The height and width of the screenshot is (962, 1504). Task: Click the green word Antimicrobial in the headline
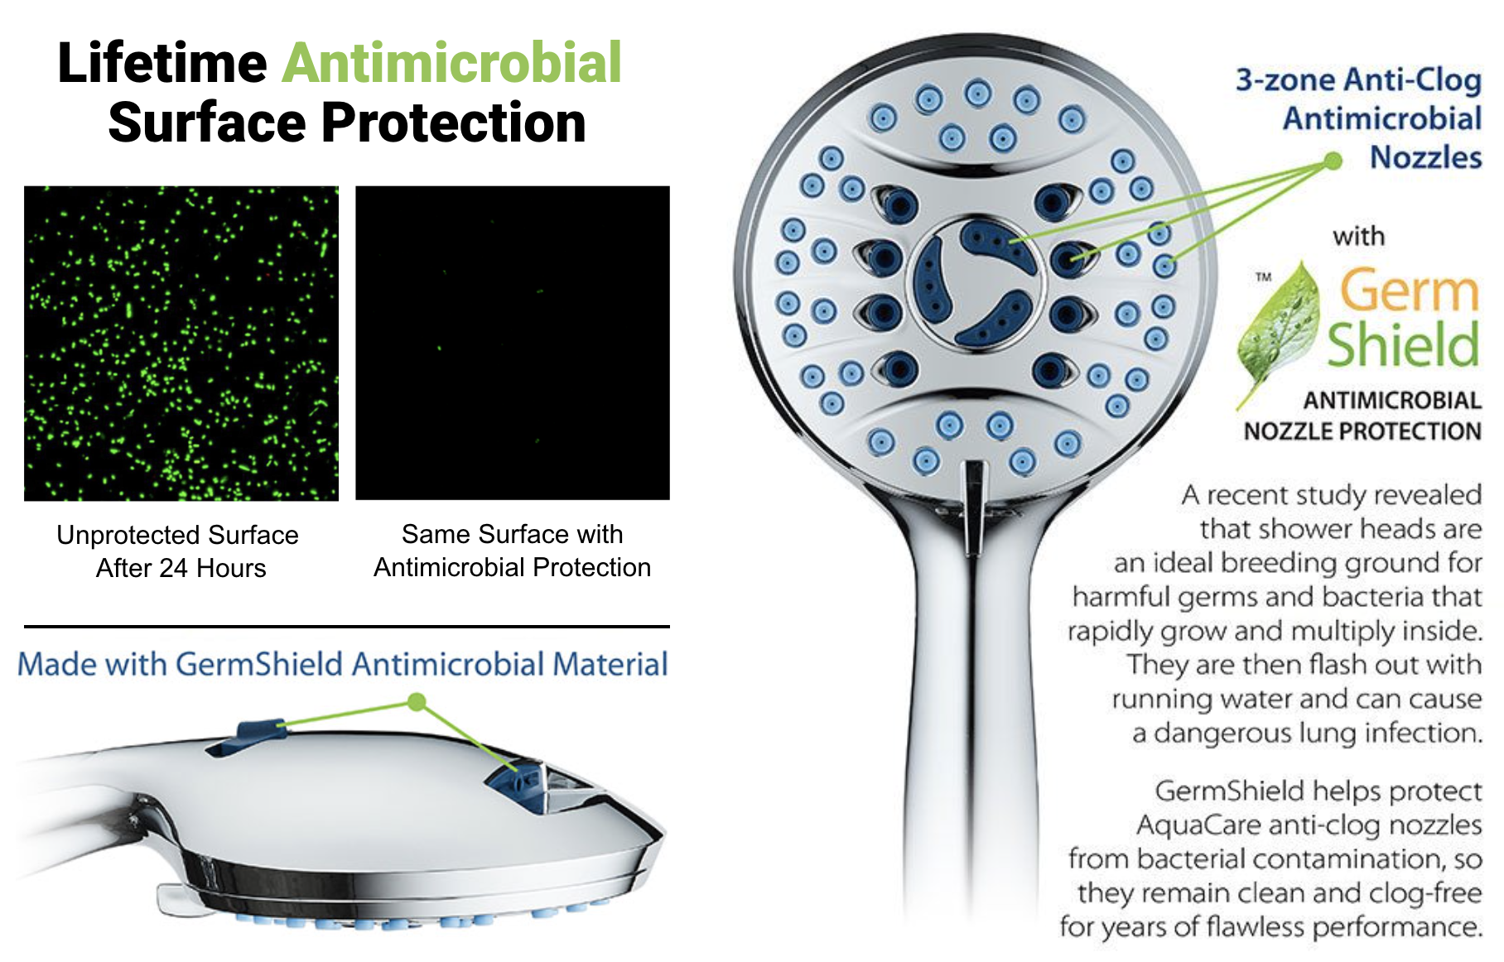(x=452, y=63)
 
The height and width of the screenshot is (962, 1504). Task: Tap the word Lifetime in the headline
(x=162, y=63)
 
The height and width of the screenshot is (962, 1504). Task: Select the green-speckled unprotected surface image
(x=181, y=344)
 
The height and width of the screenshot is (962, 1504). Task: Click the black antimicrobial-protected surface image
(x=513, y=343)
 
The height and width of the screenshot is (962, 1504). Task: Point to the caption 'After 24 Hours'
(x=181, y=568)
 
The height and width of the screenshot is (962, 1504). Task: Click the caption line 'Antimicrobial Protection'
(x=513, y=567)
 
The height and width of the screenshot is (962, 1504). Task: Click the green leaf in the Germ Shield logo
(x=1278, y=331)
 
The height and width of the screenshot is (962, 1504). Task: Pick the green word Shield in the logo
(x=1404, y=344)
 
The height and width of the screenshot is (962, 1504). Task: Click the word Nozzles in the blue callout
(x=1425, y=157)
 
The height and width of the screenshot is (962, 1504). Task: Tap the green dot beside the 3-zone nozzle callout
(x=1333, y=161)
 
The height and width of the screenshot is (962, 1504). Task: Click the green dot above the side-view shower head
(x=417, y=702)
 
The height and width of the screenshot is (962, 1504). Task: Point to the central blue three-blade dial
(x=979, y=281)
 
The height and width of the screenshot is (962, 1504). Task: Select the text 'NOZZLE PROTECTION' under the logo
(x=1362, y=431)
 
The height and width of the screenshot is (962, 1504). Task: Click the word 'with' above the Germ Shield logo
(x=1358, y=237)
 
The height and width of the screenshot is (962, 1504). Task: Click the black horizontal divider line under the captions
(x=347, y=627)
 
